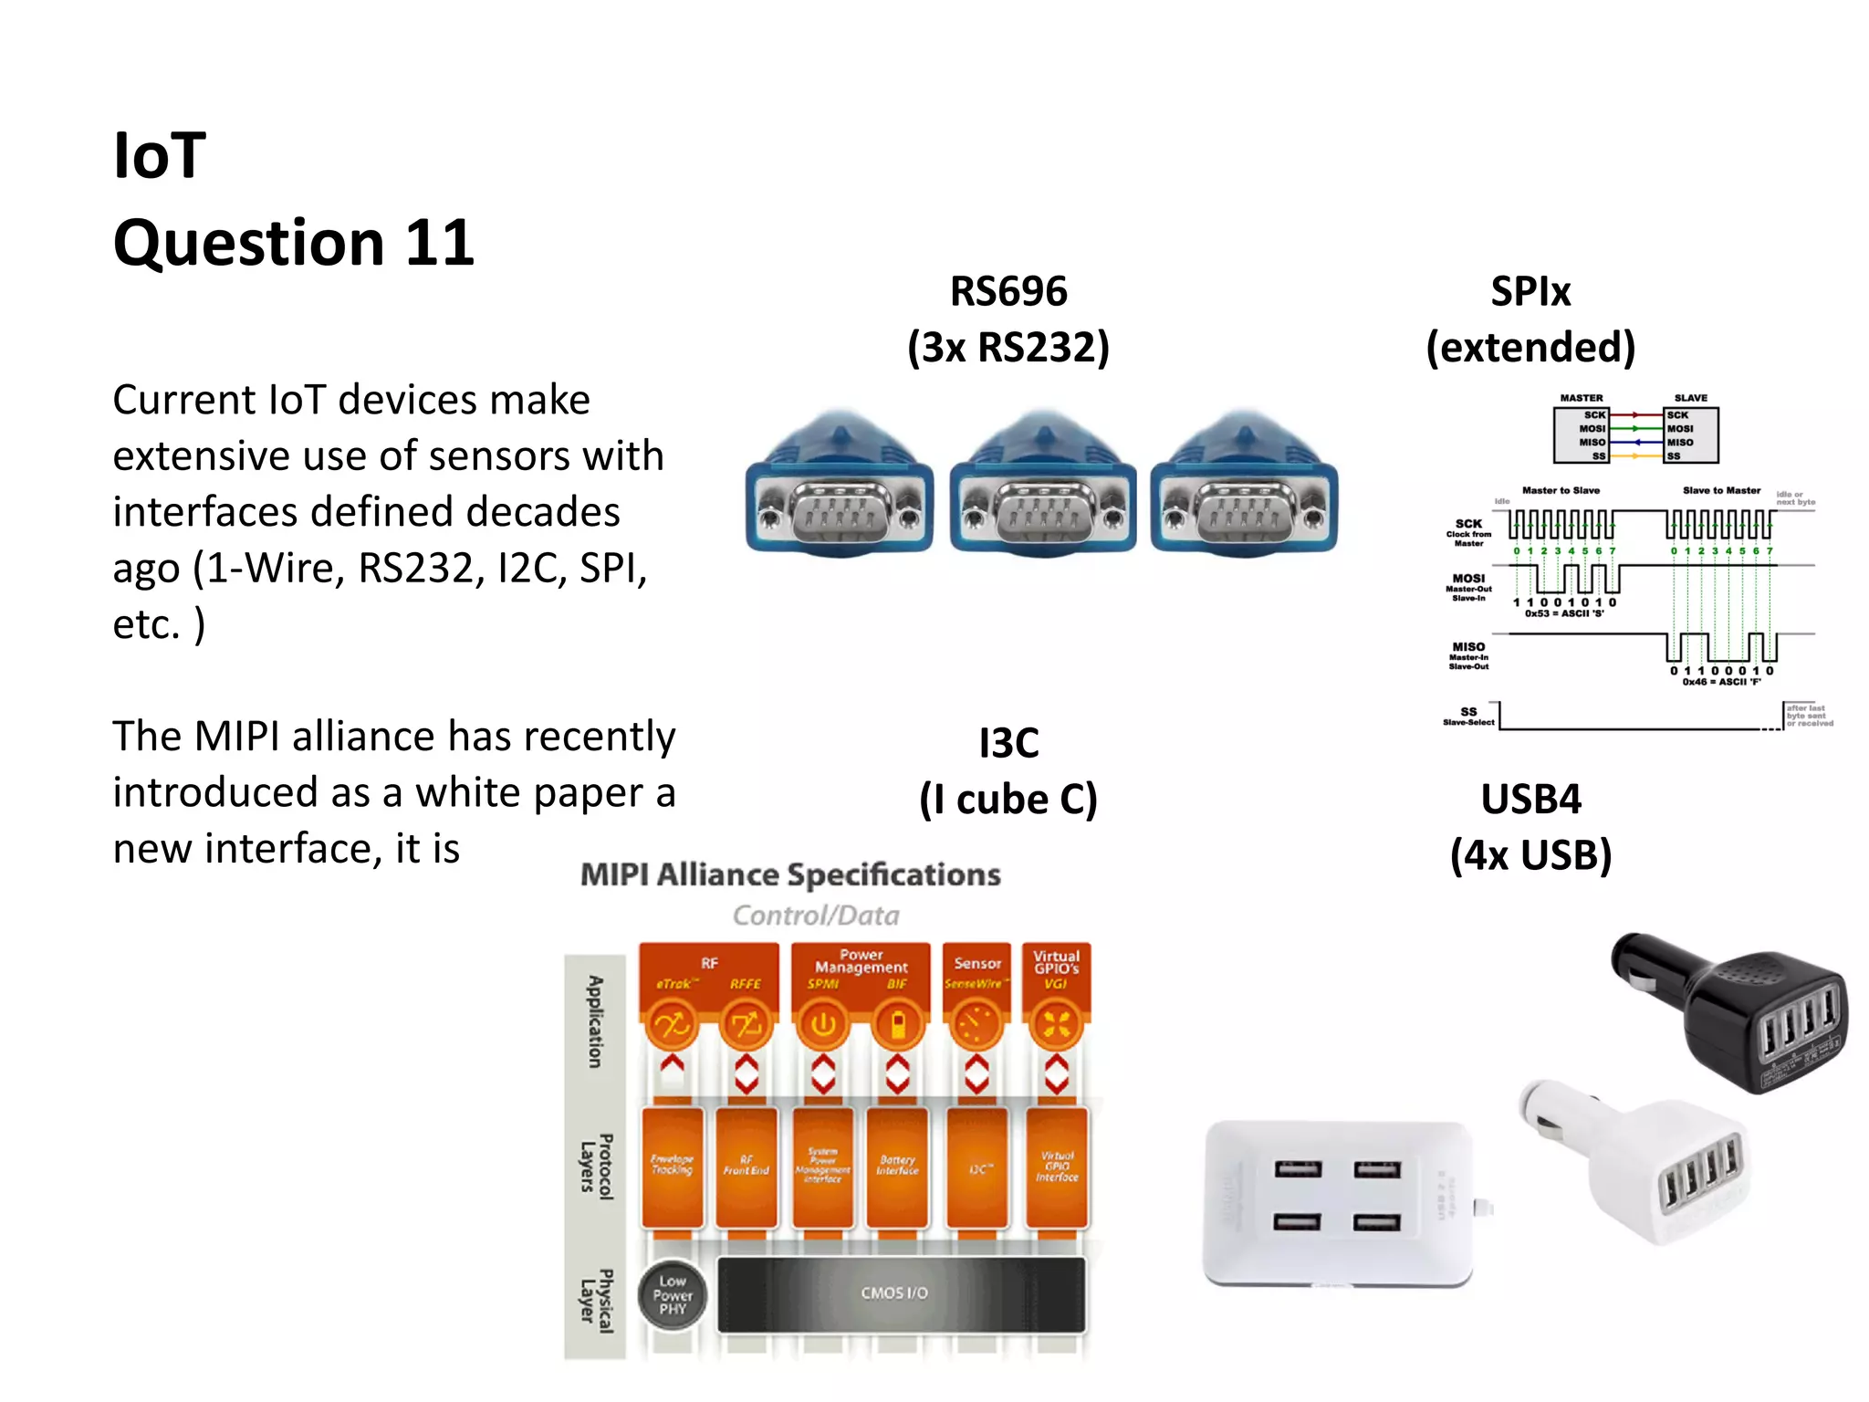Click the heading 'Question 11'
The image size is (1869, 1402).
click(x=293, y=243)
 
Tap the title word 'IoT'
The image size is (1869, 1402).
click(x=160, y=155)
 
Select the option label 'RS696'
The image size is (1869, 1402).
click(x=1008, y=292)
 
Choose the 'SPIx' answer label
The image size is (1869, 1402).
click(x=1530, y=292)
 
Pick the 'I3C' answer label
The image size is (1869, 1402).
click(x=1008, y=743)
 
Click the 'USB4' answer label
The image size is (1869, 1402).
click(x=1530, y=800)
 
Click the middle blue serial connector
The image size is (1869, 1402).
click(x=1043, y=488)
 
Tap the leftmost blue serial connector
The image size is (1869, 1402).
click(x=840, y=488)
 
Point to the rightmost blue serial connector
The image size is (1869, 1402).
click(x=1245, y=488)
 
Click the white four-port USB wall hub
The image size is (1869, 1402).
click(x=1337, y=1200)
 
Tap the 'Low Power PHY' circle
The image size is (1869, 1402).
click(x=673, y=1295)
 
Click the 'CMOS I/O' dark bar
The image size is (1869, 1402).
click(x=902, y=1293)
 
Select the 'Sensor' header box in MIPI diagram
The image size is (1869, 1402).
click(x=976, y=973)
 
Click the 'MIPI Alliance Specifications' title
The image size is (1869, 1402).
click(x=790, y=874)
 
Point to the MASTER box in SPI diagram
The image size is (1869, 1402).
click(x=1581, y=434)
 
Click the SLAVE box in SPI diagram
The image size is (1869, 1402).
click(x=1691, y=434)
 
